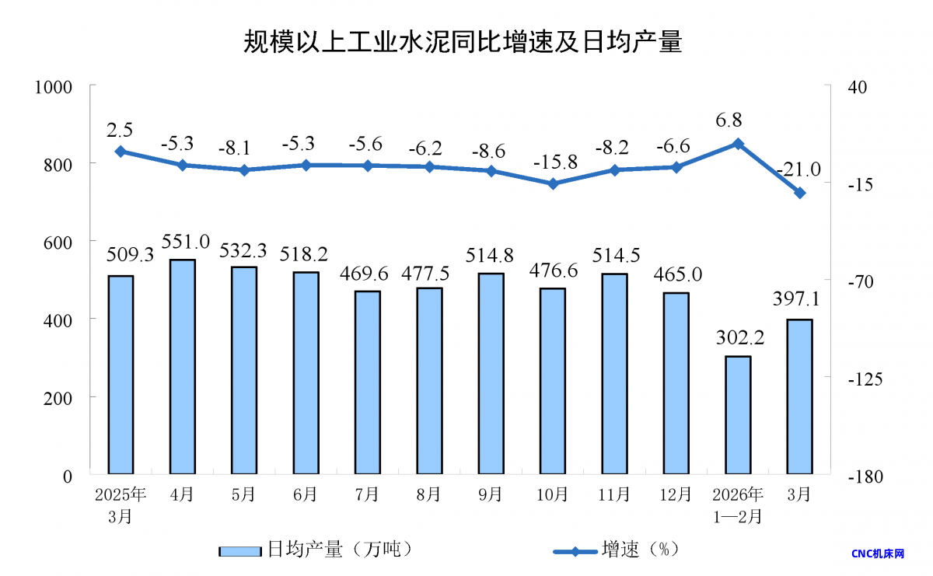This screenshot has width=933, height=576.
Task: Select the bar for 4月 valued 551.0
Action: [x=182, y=366]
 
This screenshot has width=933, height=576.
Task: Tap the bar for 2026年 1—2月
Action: [x=738, y=415]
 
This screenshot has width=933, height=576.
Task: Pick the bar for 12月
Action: [x=676, y=383]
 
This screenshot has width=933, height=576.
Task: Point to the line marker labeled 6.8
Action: [x=738, y=144]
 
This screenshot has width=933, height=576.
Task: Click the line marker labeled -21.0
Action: [x=799, y=193]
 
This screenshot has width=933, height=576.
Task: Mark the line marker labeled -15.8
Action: [x=553, y=184]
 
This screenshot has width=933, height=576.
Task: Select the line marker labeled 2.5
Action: [x=121, y=152]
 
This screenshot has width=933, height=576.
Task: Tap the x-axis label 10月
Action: [x=552, y=494]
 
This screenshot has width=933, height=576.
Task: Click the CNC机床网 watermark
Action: [x=879, y=553]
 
